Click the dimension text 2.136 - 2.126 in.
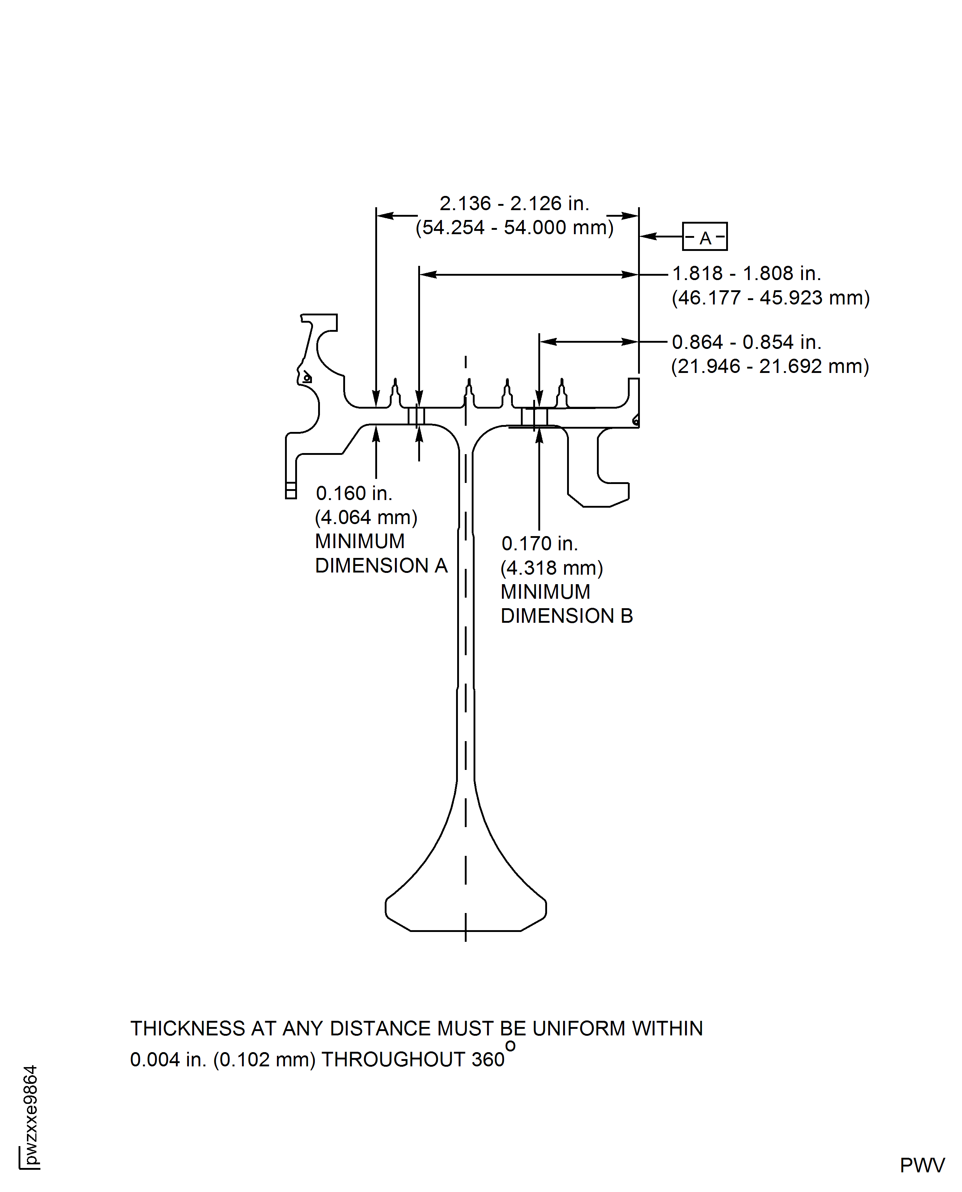(x=514, y=204)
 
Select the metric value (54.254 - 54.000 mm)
(x=515, y=227)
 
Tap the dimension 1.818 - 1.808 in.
(x=747, y=274)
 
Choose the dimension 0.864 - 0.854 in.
(x=747, y=342)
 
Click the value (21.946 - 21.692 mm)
(x=770, y=366)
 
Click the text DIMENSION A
(x=381, y=566)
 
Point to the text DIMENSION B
(x=567, y=616)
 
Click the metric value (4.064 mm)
(x=366, y=517)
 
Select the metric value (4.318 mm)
(x=552, y=568)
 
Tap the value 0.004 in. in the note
(x=168, y=1059)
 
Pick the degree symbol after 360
(x=510, y=1046)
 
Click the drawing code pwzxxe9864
(x=31, y=1116)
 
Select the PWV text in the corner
(x=922, y=1165)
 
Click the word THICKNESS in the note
(x=188, y=1028)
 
